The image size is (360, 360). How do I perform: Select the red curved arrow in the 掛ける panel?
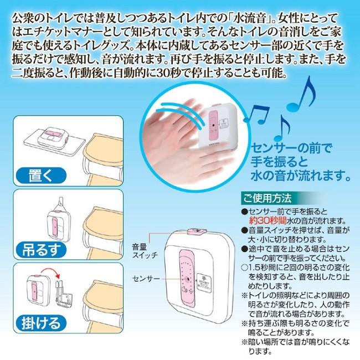(50, 273)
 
